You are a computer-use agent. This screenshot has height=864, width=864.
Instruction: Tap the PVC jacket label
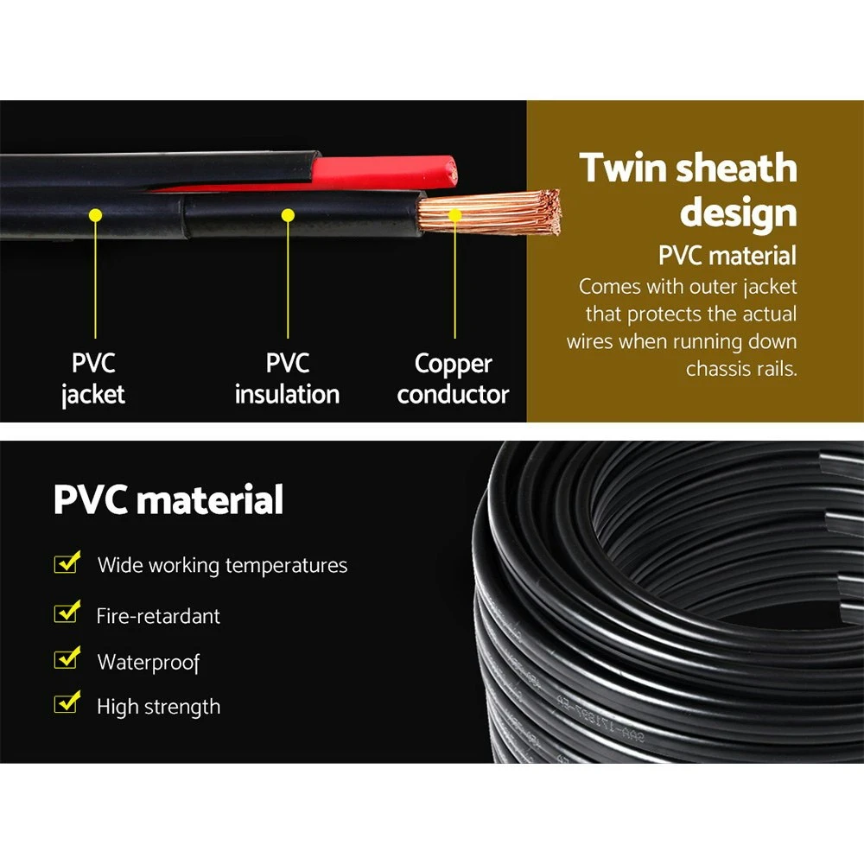(x=93, y=379)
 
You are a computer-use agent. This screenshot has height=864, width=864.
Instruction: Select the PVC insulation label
(x=287, y=379)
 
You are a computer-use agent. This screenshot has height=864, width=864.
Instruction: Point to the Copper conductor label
(x=453, y=379)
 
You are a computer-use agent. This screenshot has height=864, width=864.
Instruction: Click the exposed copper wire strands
(x=489, y=213)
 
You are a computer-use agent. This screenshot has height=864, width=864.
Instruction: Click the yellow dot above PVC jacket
(x=95, y=215)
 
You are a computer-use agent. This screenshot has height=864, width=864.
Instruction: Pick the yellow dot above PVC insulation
(x=288, y=215)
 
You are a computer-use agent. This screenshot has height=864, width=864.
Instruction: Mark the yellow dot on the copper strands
(x=455, y=215)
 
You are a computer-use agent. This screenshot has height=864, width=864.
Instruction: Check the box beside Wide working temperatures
(x=67, y=562)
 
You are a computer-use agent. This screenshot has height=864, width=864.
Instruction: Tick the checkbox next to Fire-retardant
(x=67, y=612)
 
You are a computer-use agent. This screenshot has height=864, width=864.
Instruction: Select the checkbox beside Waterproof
(x=67, y=658)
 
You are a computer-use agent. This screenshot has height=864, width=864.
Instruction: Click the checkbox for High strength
(x=67, y=702)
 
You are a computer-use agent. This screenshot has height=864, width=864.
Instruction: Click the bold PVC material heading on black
(x=168, y=499)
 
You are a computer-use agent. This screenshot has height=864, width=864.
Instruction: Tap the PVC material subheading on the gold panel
(x=727, y=256)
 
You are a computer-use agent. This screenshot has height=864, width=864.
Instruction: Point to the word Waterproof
(x=149, y=662)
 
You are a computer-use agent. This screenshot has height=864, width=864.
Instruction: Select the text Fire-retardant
(x=158, y=616)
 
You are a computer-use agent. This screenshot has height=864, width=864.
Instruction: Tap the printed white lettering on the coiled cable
(x=600, y=719)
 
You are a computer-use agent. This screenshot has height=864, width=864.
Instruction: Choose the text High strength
(x=159, y=707)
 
